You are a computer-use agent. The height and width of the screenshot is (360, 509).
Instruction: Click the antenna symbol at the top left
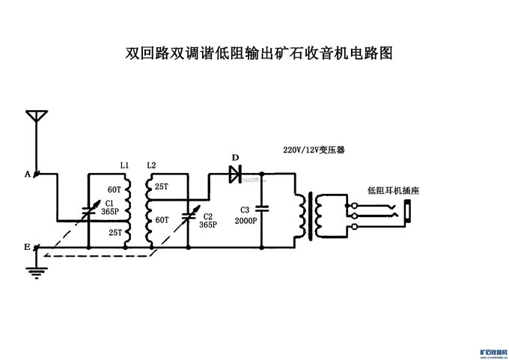tap(37, 118)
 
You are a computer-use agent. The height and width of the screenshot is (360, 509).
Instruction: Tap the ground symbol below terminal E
tap(33, 269)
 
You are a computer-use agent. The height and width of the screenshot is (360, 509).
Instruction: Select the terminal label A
tap(28, 174)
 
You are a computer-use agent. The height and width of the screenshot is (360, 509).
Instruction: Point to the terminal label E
tap(28, 246)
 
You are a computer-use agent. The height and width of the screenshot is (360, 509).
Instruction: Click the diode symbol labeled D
tap(234, 174)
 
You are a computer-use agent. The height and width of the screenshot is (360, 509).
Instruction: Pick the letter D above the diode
tap(235, 158)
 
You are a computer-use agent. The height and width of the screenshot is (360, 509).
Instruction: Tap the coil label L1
tap(125, 165)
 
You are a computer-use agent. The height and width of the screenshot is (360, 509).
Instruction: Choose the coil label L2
tap(152, 165)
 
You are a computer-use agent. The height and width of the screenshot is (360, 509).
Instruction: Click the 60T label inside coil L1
tap(115, 189)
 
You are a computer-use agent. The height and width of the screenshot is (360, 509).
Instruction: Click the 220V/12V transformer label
tap(314, 150)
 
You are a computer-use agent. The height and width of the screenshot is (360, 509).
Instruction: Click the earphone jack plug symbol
tap(407, 213)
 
